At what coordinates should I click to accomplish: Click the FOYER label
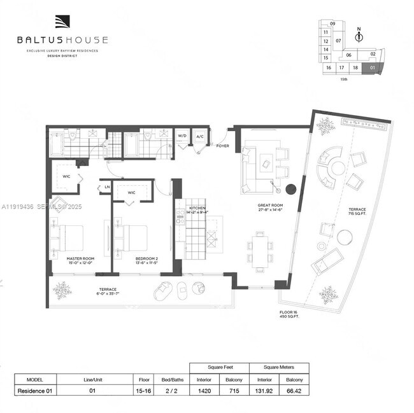(x=222, y=146)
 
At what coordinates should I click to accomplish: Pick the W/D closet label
(x=182, y=136)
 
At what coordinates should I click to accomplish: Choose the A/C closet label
(x=199, y=136)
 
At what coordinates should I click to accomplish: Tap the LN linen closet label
(x=106, y=186)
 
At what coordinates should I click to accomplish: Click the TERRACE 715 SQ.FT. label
(x=374, y=211)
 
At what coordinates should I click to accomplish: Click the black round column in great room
(x=291, y=189)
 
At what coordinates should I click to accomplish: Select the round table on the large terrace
(x=344, y=237)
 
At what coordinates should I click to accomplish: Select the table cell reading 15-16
(x=145, y=391)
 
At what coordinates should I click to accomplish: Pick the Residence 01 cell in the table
(x=34, y=391)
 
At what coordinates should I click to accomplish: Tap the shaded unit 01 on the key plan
(x=373, y=66)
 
